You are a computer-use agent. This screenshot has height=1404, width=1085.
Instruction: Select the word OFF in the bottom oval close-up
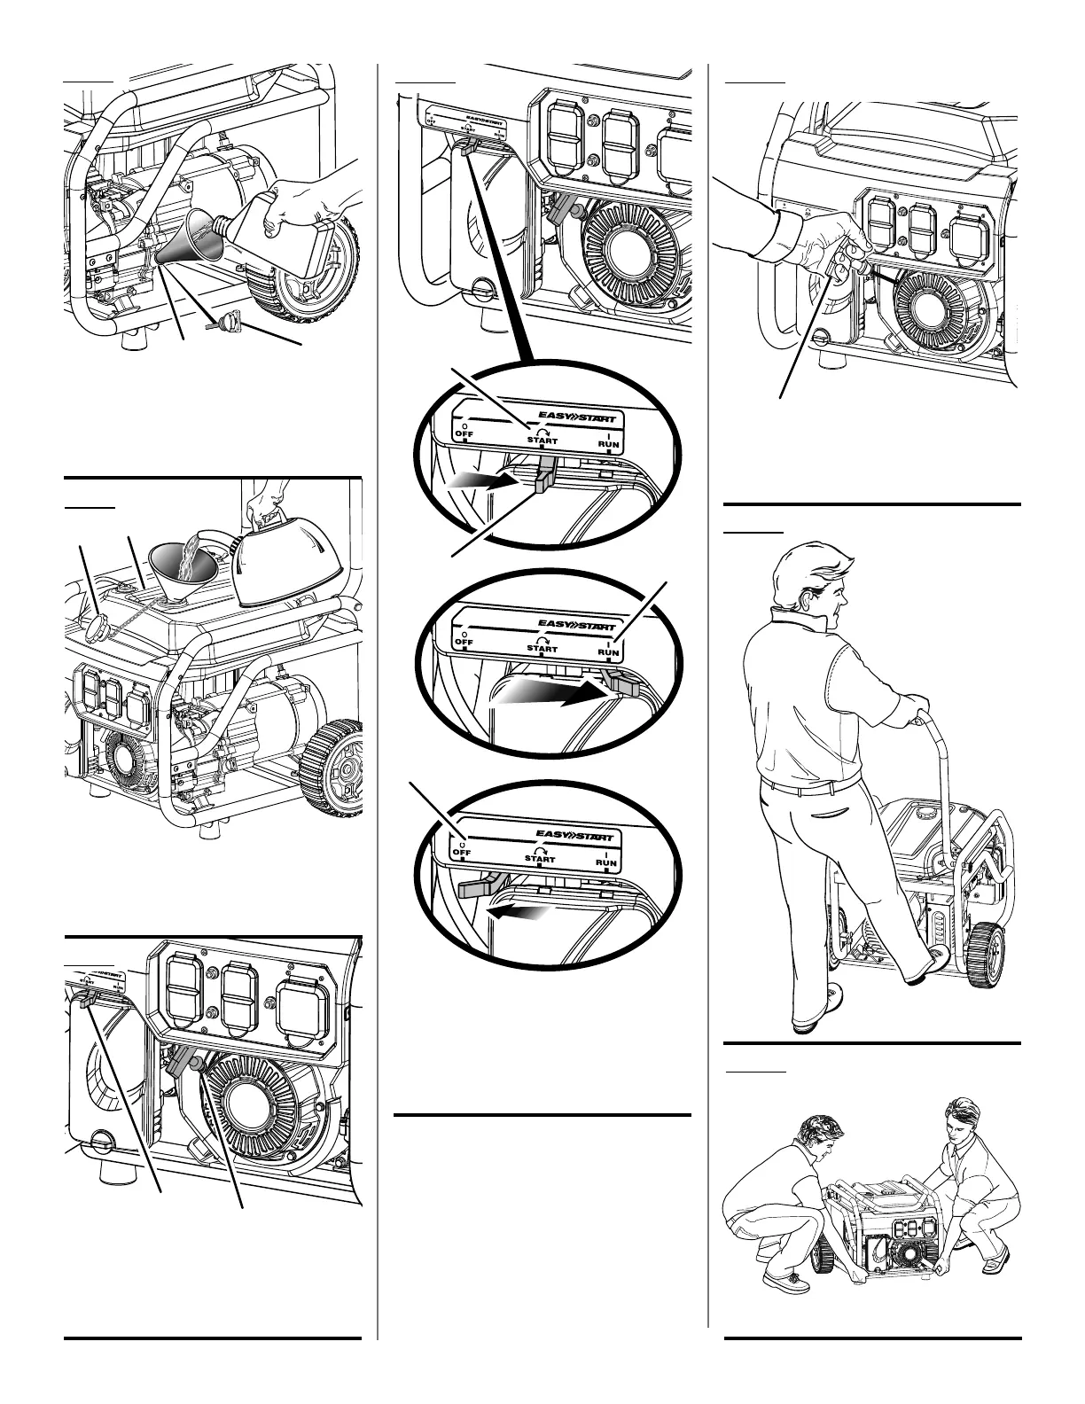click(461, 852)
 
